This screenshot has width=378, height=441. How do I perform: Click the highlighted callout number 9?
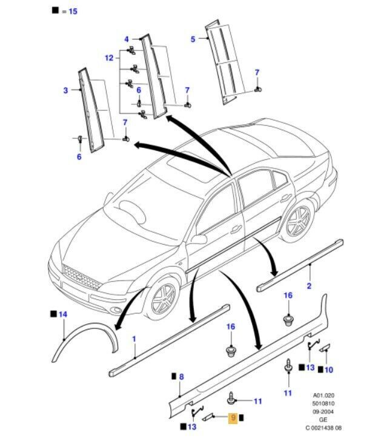(x=232, y=417)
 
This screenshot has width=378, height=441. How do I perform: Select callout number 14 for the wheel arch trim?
(x=63, y=315)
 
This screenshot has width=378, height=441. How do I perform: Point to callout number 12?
(x=108, y=58)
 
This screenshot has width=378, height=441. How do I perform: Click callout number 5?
(x=193, y=39)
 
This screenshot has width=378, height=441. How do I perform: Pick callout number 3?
(x=65, y=91)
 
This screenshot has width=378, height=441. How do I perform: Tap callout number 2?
(x=309, y=285)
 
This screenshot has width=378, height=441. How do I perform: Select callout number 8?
(x=181, y=376)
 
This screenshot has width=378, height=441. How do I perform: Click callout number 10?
(x=329, y=369)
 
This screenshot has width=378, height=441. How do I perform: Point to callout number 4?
(x=127, y=39)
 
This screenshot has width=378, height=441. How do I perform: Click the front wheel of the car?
(x=159, y=297)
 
